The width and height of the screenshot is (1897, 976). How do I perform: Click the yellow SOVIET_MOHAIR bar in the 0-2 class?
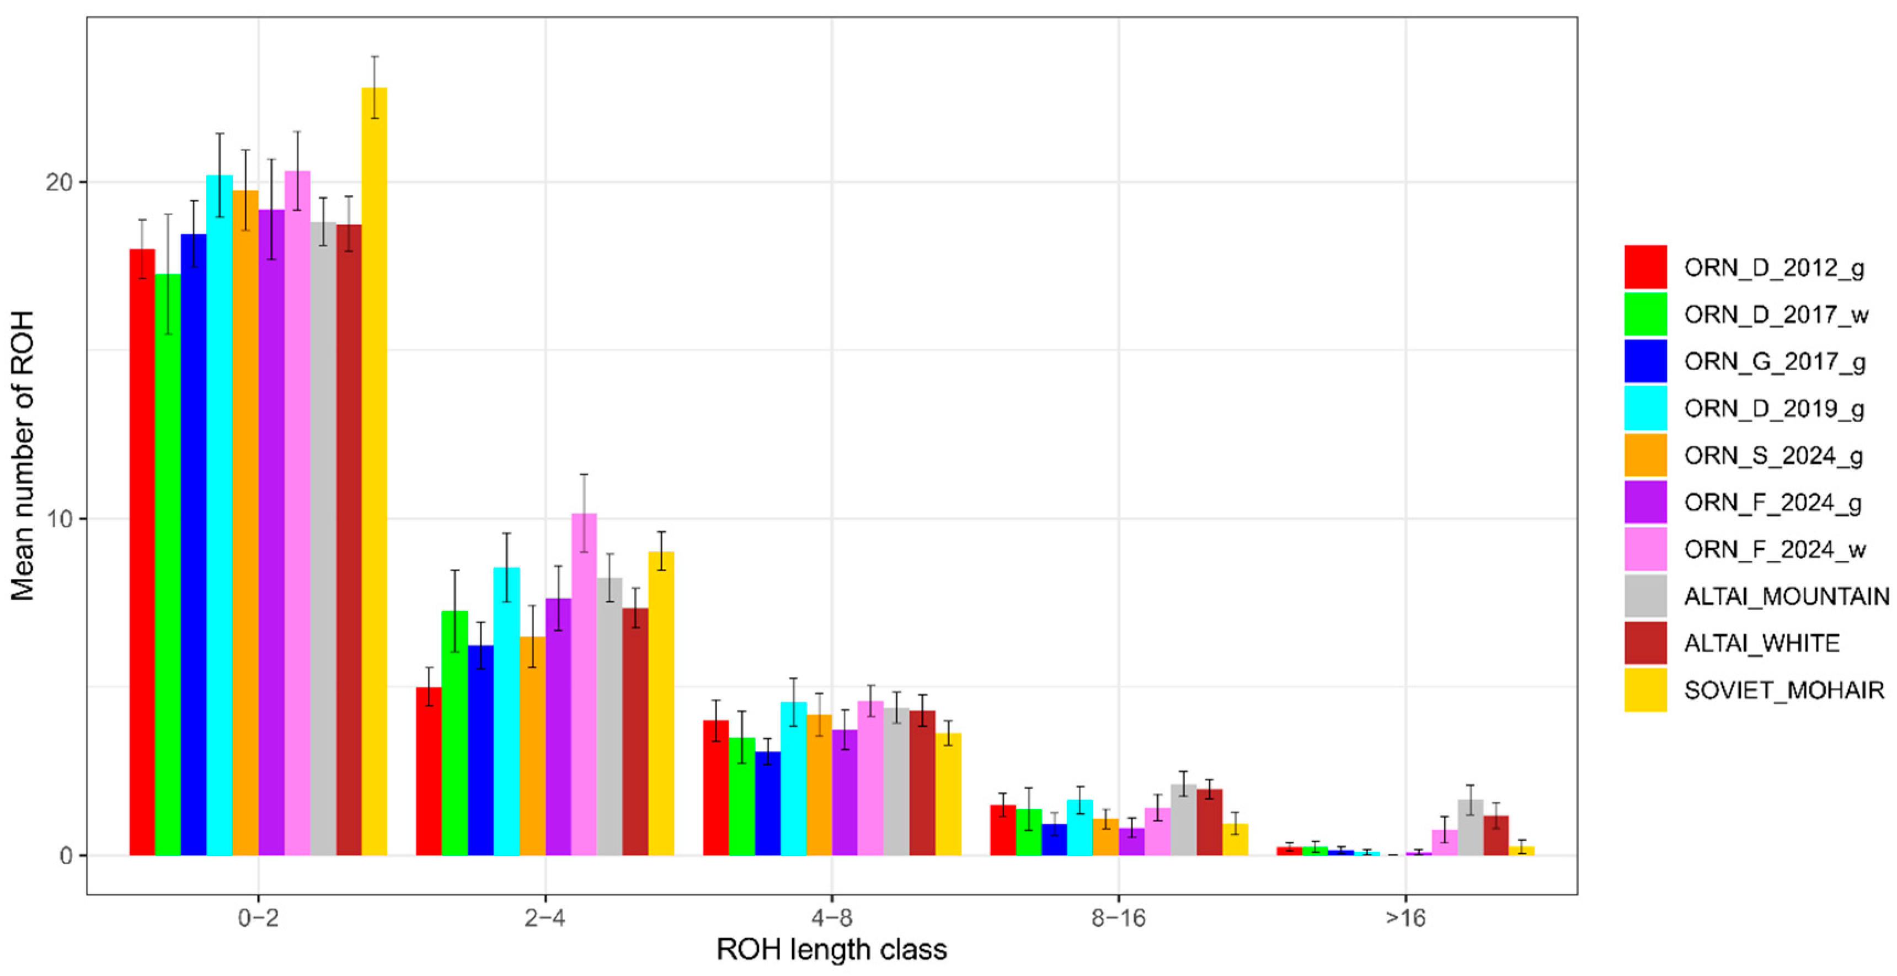pos(374,471)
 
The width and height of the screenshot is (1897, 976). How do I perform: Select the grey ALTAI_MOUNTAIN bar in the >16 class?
pos(1471,828)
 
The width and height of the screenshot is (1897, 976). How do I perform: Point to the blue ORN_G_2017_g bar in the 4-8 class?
pos(767,804)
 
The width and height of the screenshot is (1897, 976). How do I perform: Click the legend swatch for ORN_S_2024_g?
pos(1645,455)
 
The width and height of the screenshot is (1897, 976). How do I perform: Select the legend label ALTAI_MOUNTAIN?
pos(1786,596)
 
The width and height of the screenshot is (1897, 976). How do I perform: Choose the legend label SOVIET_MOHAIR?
pos(1783,690)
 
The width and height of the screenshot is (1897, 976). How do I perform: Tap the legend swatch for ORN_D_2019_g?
pos(1645,408)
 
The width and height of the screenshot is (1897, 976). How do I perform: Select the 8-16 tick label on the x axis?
pos(1118,918)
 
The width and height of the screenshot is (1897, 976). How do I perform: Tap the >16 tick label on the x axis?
pos(1405,918)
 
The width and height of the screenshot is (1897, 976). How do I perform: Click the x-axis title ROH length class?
pos(831,950)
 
